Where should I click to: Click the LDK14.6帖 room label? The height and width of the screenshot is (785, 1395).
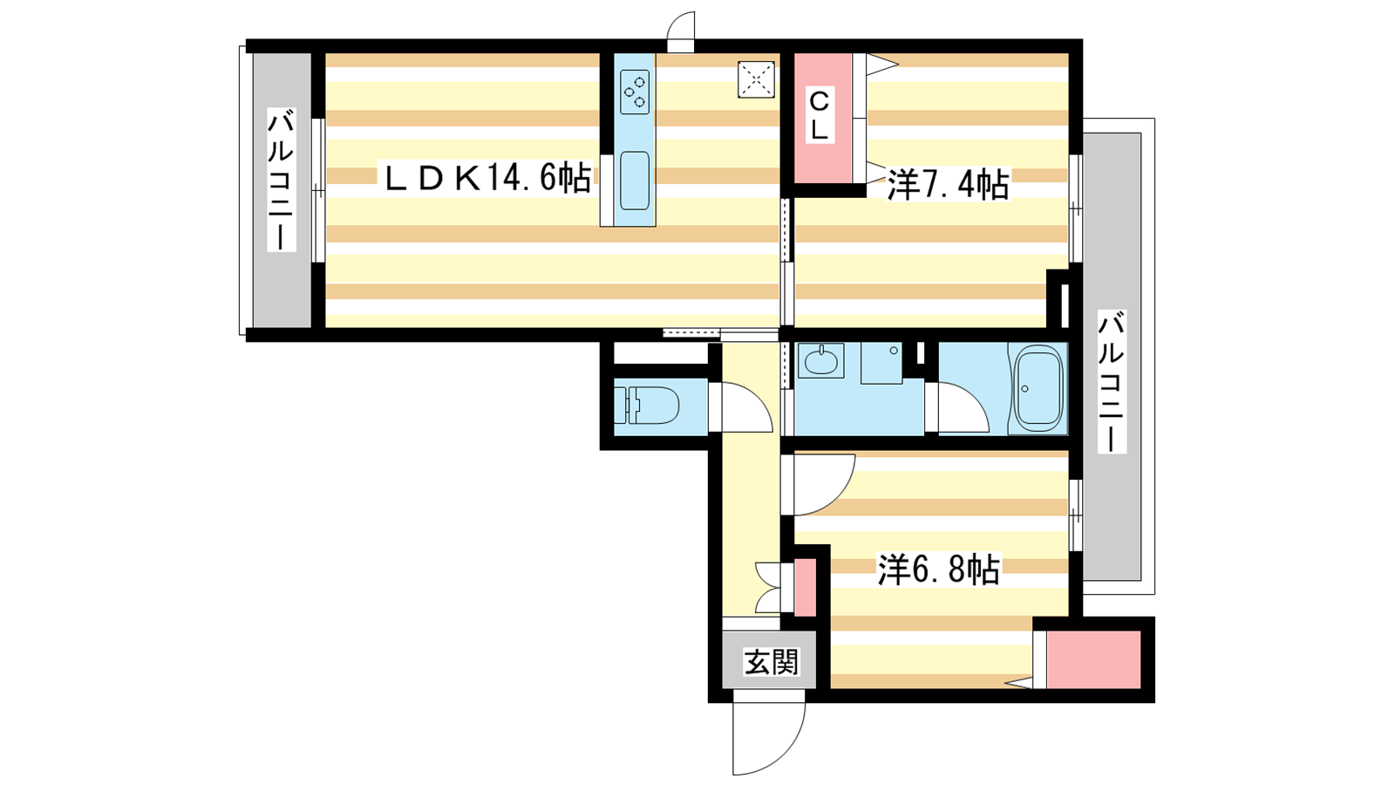(x=487, y=178)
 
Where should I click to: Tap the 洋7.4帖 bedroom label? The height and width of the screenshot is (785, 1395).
(x=947, y=184)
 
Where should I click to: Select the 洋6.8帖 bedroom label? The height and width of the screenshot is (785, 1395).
(x=938, y=569)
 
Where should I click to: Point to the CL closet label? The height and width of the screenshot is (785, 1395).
(x=820, y=116)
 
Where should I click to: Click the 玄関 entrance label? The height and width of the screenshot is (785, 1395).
(x=771, y=662)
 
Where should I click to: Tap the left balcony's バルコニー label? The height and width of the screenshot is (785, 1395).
(x=282, y=180)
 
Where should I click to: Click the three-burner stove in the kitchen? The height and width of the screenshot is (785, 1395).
(x=635, y=92)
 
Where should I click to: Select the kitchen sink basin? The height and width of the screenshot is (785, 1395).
(x=635, y=180)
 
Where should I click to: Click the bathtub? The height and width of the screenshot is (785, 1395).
(x=1037, y=387)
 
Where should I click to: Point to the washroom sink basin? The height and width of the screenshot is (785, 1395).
(x=820, y=361)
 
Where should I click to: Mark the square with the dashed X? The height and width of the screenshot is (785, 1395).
(x=756, y=79)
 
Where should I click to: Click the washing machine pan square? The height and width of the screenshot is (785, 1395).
(x=881, y=363)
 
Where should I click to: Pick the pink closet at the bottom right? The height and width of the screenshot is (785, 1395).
(x=1093, y=659)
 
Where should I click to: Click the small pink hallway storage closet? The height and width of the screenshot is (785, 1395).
(x=806, y=587)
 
